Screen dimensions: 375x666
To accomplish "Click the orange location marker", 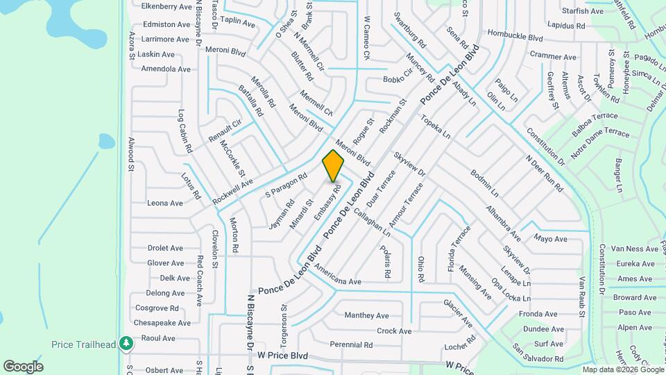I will (x=334, y=165).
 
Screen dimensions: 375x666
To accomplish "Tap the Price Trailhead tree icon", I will (x=126, y=343).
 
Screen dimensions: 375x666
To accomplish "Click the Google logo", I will (x=23, y=367).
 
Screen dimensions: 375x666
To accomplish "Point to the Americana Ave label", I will (x=338, y=274).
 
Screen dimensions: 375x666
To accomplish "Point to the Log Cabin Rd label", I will (x=185, y=131).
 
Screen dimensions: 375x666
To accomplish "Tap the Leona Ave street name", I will (x=165, y=203).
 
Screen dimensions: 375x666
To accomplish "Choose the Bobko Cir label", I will (x=398, y=79).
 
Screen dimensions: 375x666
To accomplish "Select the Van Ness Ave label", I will (x=633, y=249).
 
